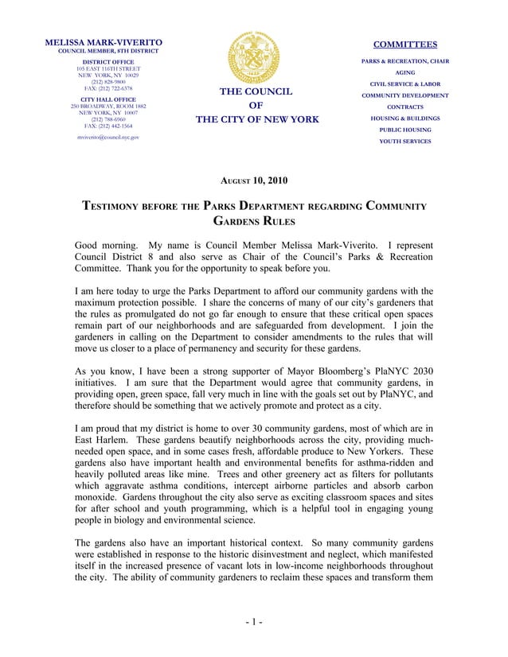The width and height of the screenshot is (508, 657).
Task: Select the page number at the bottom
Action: point(253,621)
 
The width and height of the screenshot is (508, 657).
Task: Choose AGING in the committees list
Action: point(405,72)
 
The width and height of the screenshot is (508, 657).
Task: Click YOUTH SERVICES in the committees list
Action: point(405,142)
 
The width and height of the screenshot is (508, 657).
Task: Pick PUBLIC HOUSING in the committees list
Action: point(405,130)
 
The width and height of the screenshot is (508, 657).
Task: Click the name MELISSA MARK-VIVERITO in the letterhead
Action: point(104,41)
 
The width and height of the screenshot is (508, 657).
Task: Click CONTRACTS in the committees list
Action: point(405,107)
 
